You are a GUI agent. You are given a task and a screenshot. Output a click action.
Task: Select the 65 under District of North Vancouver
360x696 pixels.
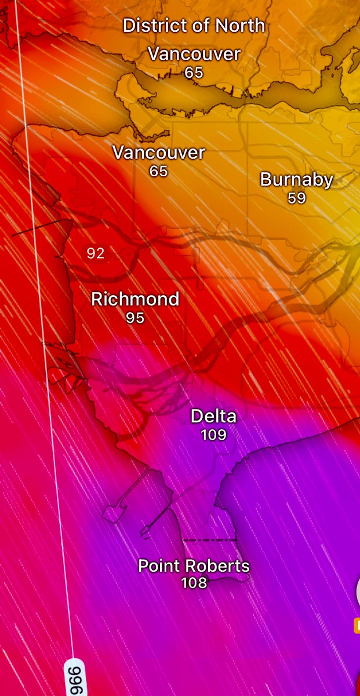point(194,73)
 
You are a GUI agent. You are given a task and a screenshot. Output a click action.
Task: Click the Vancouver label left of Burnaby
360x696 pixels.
point(158,153)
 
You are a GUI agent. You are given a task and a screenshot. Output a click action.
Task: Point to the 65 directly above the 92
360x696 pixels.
point(158,172)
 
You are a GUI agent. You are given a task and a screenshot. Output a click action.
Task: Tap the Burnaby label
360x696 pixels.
point(296,180)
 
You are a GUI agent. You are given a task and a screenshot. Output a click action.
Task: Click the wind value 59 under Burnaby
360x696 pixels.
point(296,198)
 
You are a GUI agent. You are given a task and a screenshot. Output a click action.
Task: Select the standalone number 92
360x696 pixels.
point(96,253)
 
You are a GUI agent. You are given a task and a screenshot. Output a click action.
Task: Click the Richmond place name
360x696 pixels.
point(135,299)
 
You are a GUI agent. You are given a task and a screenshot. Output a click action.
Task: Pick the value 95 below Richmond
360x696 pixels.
point(135,318)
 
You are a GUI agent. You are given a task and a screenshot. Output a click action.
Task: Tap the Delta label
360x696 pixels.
point(213,416)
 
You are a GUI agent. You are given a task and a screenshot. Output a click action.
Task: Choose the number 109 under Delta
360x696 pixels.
point(213,434)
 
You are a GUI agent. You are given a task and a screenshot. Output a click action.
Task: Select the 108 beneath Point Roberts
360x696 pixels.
point(194,583)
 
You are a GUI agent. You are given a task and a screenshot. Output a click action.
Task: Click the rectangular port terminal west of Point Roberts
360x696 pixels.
point(114,513)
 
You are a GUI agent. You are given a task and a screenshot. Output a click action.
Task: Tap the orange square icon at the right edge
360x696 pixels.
point(357,625)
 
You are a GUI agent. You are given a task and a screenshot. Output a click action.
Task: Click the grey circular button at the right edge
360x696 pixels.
point(357,592)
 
